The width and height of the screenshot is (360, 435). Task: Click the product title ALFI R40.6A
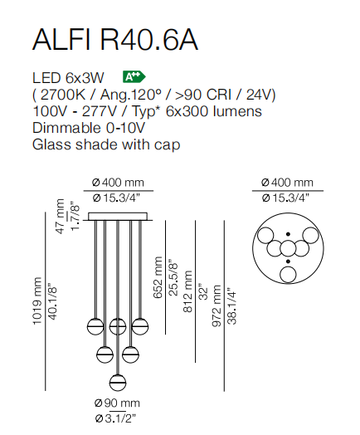click(115, 40)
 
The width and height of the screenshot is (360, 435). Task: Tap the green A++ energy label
click(134, 77)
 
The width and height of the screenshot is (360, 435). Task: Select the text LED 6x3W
click(68, 78)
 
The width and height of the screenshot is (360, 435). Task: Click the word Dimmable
click(67, 128)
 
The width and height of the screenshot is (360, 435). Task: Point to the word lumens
click(237, 111)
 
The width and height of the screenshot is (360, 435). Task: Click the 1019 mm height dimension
click(36, 301)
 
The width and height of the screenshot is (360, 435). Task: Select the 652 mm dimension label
click(158, 277)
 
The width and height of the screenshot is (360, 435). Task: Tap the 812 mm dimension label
click(187, 291)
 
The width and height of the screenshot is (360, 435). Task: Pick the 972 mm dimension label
click(216, 305)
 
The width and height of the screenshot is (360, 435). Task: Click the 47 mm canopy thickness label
click(61, 217)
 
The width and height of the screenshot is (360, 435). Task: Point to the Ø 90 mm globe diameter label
click(117, 403)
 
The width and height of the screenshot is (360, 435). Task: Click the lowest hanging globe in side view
click(118, 383)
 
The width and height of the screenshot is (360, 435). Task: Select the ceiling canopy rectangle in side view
click(118, 217)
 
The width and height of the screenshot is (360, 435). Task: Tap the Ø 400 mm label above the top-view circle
click(287, 183)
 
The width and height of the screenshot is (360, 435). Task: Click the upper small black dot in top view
click(288, 234)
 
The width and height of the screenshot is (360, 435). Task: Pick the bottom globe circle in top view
click(288, 275)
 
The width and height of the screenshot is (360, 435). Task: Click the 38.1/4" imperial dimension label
click(232, 307)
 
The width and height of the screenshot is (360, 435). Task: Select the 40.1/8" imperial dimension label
click(52, 301)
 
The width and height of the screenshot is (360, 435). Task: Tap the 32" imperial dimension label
click(204, 291)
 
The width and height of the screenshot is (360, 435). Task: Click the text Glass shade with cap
click(106, 144)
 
